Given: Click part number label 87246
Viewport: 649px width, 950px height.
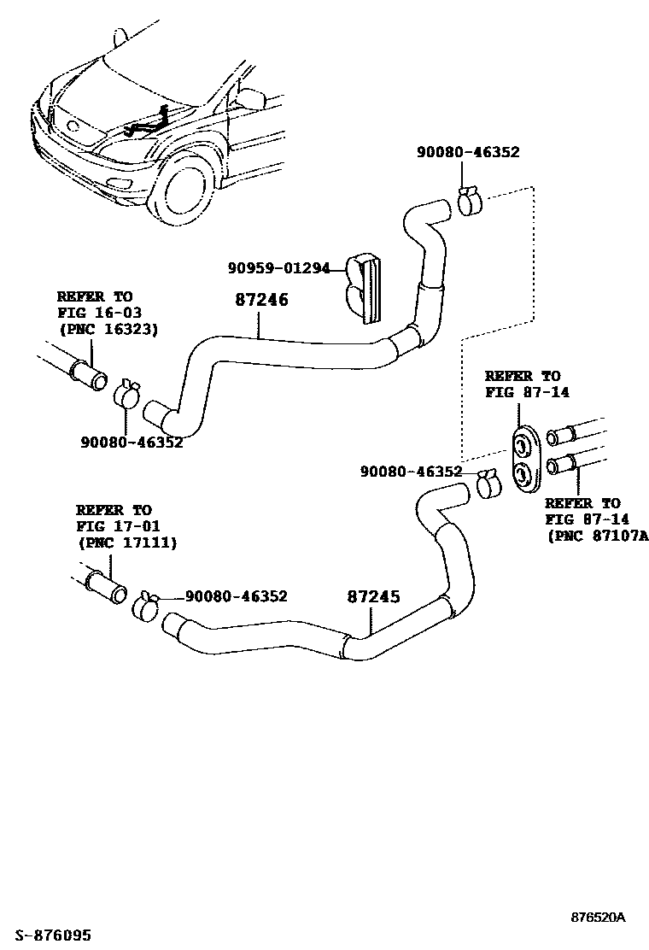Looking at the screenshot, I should tap(262, 301).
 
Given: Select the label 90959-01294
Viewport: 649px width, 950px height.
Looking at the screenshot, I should tap(278, 268).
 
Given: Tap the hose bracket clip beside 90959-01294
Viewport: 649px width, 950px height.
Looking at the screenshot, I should tap(363, 288).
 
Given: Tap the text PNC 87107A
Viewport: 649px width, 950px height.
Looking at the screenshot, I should tap(598, 536).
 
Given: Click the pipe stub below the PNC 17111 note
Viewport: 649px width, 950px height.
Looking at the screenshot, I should tap(105, 589).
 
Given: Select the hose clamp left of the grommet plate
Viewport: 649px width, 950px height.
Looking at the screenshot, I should tap(490, 484).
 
